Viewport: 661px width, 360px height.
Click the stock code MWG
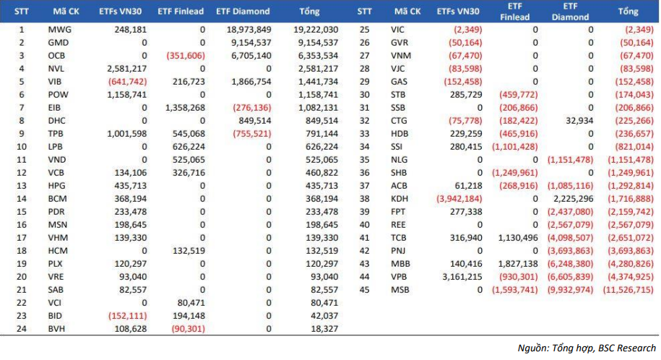pos(59,30)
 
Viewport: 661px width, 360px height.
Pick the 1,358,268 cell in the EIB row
pos(185,108)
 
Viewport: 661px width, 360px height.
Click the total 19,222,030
pos(316,30)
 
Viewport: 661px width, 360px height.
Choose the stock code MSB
pos(399,290)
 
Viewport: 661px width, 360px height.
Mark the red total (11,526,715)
pos(628,290)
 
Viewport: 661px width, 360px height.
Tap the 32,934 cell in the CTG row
pos(579,121)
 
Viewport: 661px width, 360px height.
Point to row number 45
pos(364,290)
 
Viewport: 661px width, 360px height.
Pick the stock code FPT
pos(398,212)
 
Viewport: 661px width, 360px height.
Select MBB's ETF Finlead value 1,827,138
pos(518,264)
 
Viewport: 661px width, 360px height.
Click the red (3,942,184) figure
pos(459,199)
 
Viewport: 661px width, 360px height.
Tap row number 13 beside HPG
pos(22,186)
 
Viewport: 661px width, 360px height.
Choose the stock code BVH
pos(56,329)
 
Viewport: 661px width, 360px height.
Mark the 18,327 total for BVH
pos(324,329)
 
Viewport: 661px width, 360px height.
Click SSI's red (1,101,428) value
pos(515,147)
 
